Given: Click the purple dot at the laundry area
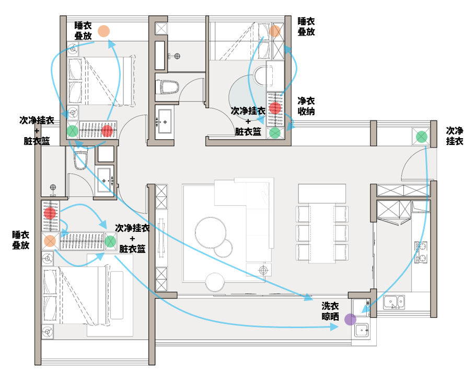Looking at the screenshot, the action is (x=350, y=319).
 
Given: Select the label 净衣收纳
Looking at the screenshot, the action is (x=306, y=106).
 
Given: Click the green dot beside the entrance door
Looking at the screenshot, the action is (x=421, y=137).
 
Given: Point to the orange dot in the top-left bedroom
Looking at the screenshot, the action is (x=104, y=31).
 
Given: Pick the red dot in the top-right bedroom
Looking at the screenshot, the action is (x=275, y=108).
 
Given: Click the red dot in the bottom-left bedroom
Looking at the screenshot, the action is (x=50, y=213).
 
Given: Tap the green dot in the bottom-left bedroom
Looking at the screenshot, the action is (x=110, y=241).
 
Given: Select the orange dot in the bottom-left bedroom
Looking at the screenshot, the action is (x=50, y=241).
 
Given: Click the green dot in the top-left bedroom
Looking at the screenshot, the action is (x=73, y=130).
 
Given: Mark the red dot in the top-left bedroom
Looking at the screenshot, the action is (x=107, y=130).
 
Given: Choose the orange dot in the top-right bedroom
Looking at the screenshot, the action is (x=275, y=31).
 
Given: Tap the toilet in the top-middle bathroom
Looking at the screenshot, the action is (x=168, y=86).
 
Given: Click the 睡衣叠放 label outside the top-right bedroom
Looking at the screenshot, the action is (x=306, y=26).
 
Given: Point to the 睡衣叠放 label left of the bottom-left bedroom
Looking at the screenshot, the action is (x=21, y=240).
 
